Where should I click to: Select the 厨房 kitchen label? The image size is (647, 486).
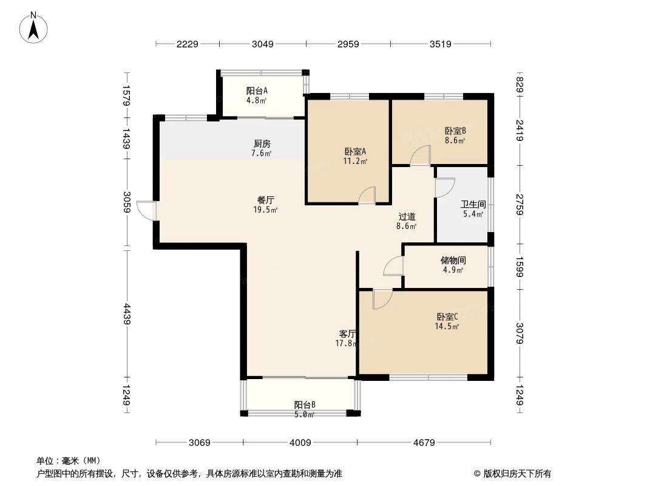262,144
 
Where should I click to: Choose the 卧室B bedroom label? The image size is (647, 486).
455,131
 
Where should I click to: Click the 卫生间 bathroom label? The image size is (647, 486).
473,205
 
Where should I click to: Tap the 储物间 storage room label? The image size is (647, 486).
453,260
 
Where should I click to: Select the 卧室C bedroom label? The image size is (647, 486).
447,317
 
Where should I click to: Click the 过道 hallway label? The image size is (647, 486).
407,216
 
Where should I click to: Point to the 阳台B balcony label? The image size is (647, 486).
305,405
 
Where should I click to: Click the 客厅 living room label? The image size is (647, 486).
347,334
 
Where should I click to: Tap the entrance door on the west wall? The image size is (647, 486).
146,210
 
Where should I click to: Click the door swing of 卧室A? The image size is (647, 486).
367,195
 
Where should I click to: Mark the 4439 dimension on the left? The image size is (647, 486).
126,313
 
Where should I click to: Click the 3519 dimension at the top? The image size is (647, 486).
441,44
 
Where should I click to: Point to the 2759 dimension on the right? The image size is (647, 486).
520,204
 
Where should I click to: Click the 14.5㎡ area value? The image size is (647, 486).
446,326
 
